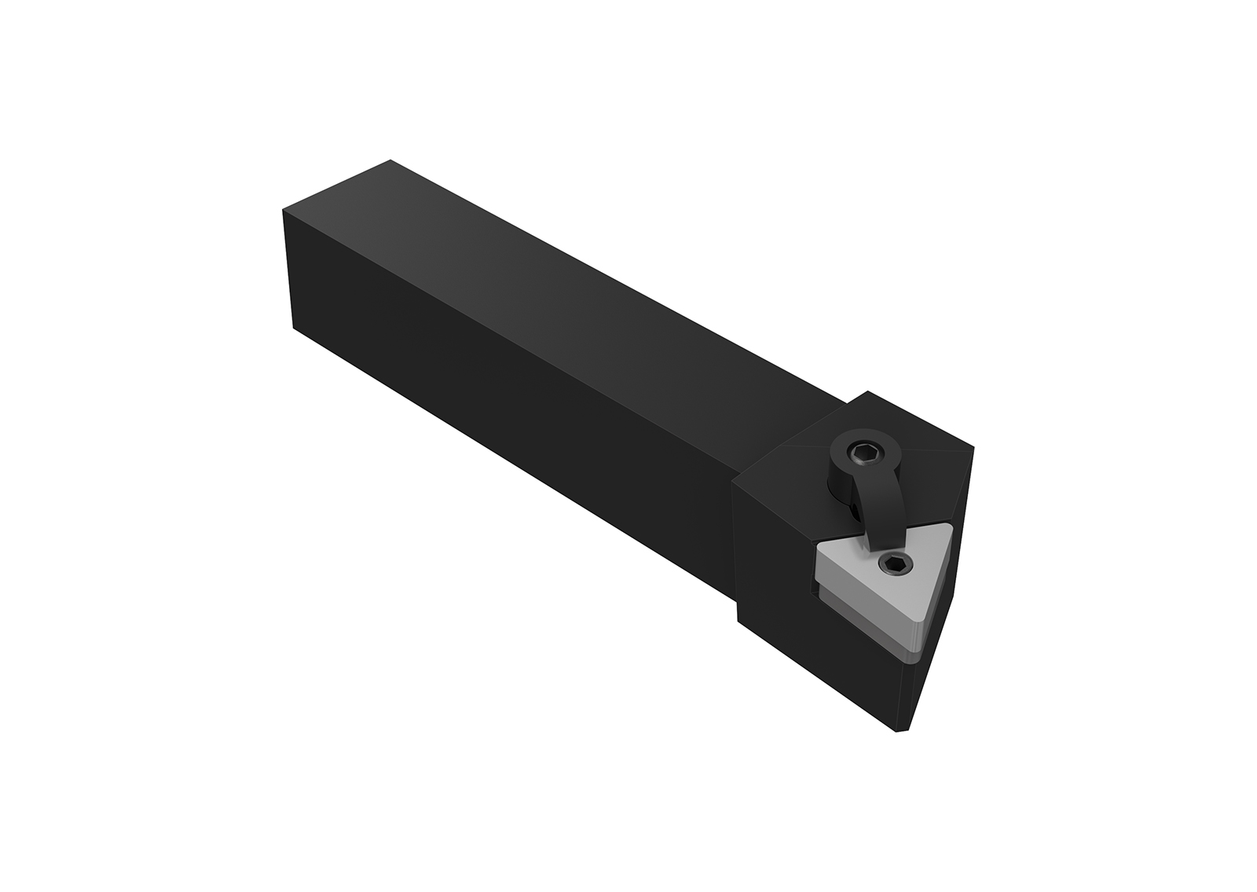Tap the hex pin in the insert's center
(896, 563)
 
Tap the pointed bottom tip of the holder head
(901, 731)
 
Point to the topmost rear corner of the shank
(390, 161)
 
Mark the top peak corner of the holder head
(867, 392)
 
